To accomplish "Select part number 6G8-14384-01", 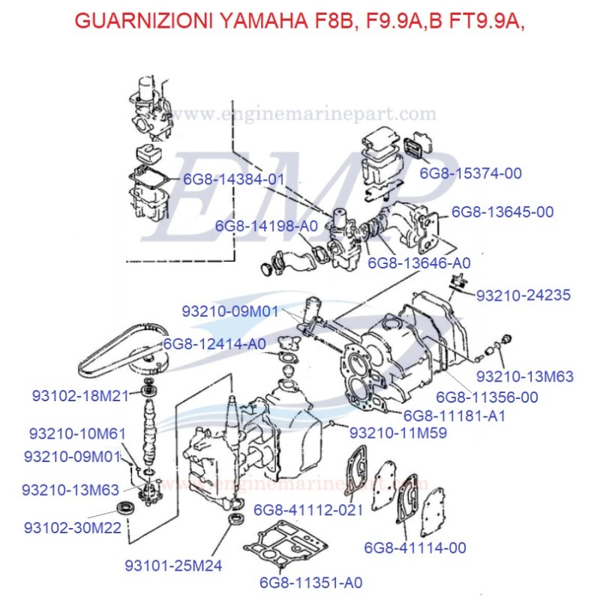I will pyautogui.click(x=234, y=179).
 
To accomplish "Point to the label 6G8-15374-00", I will pyautogui.click(x=470, y=173).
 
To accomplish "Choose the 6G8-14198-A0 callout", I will pyautogui.click(x=266, y=226).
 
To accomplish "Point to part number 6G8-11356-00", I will pyautogui.click(x=487, y=397).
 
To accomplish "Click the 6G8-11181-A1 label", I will pyautogui.click(x=454, y=415).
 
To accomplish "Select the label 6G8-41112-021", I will pyautogui.click(x=308, y=510).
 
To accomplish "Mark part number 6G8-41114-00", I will pyautogui.click(x=415, y=548).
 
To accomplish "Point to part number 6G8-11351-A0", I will pyautogui.click(x=310, y=582).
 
